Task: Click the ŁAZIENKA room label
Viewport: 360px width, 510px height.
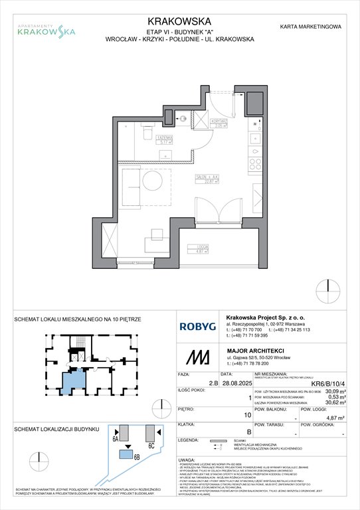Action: click(x=163, y=137)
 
